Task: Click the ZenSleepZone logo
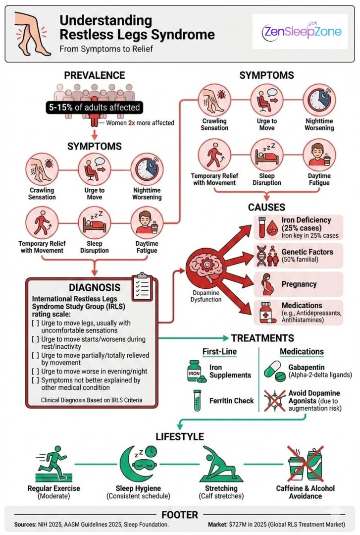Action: pos(302,32)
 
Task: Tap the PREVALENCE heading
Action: pos(94,76)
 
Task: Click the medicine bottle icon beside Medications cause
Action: pos(267,312)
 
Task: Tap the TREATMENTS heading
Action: pos(262,338)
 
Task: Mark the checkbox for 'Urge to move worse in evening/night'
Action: pos(36,372)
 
